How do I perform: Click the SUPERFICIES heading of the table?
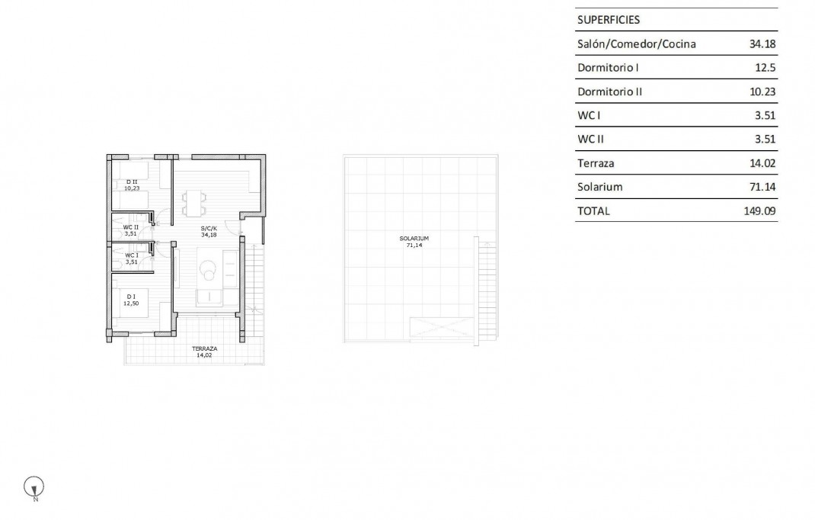point(609,20)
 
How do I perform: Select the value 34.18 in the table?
point(762,44)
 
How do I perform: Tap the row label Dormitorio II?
point(610,91)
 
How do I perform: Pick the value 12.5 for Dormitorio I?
point(765,68)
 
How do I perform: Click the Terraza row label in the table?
point(596,163)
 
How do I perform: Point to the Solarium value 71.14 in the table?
point(762,187)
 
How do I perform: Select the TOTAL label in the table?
point(594,211)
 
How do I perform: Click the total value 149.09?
point(759,211)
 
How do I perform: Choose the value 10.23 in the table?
point(762,91)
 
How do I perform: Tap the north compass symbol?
point(35,486)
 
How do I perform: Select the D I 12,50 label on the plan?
point(132,300)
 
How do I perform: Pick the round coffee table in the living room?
point(208,268)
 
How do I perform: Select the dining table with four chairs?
point(194,203)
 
